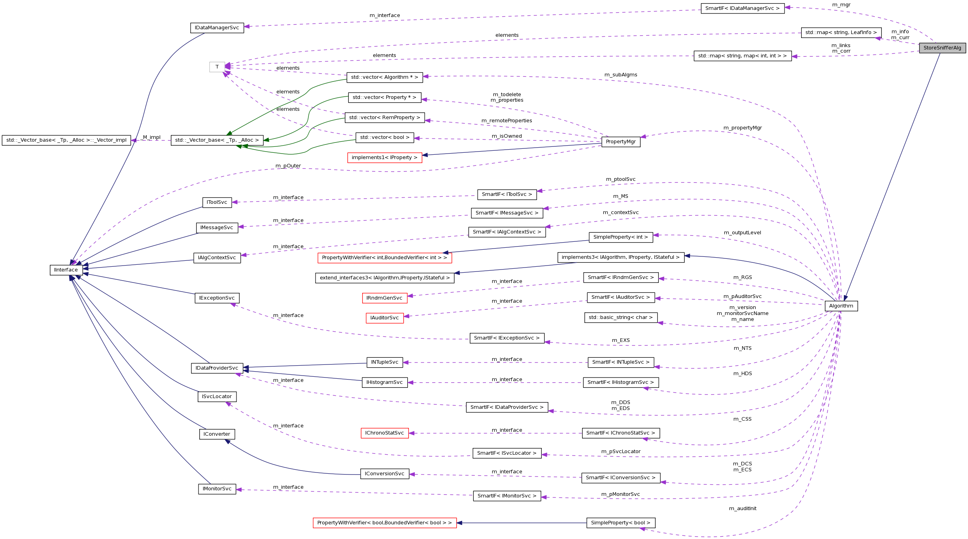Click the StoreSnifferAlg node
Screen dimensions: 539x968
(942, 48)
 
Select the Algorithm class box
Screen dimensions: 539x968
(841, 306)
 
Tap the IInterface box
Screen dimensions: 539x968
(66, 270)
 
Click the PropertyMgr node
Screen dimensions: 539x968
(621, 142)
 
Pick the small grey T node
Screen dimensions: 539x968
(217, 67)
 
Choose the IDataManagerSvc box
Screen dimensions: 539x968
(217, 28)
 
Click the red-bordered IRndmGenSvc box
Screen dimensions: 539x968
(384, 298)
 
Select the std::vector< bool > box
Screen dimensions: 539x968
(384, 137)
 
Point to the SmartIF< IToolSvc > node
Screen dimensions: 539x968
(507, 194)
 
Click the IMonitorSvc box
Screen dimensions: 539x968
(217, 489)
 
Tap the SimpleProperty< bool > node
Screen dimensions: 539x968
(620, 523)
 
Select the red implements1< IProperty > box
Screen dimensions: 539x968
(384, 158)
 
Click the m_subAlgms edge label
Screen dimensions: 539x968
(620, 75)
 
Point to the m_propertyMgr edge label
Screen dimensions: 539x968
(742, 128)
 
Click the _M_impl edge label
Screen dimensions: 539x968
(151, 137)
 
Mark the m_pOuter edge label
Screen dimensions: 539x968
(288, 166)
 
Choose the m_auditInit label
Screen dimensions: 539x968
(742, 509)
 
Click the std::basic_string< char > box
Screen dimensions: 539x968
(620, 317)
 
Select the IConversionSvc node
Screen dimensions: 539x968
(384, 474)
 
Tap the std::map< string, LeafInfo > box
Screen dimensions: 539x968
(841, 32)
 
